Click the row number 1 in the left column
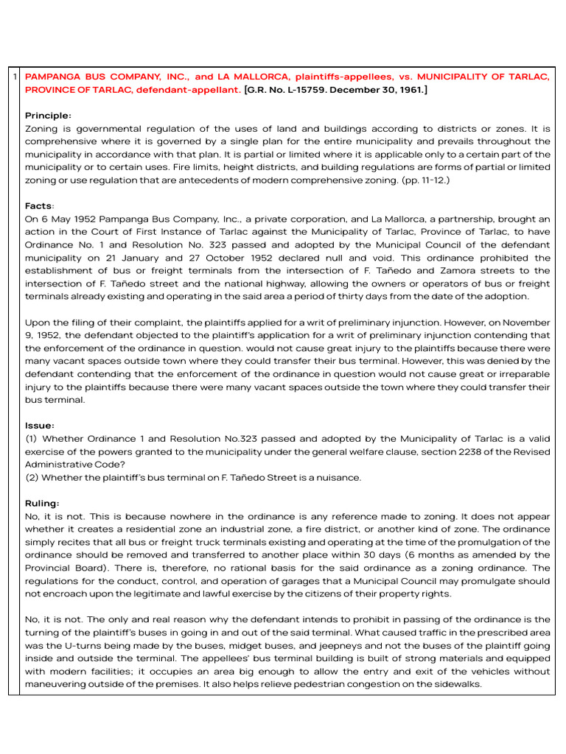point(15,77)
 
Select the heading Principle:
point(48,116)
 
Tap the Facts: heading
point(40,206)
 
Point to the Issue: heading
point(40,426)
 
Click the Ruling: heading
point(43,503)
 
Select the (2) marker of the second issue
point(32,478)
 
